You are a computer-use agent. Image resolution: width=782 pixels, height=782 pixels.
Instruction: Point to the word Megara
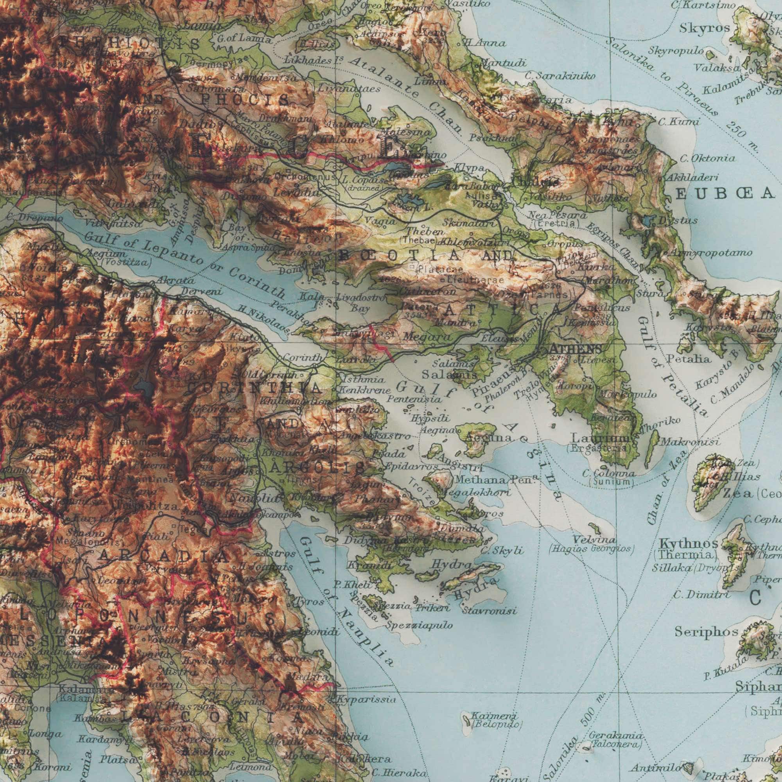[423, 336]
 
